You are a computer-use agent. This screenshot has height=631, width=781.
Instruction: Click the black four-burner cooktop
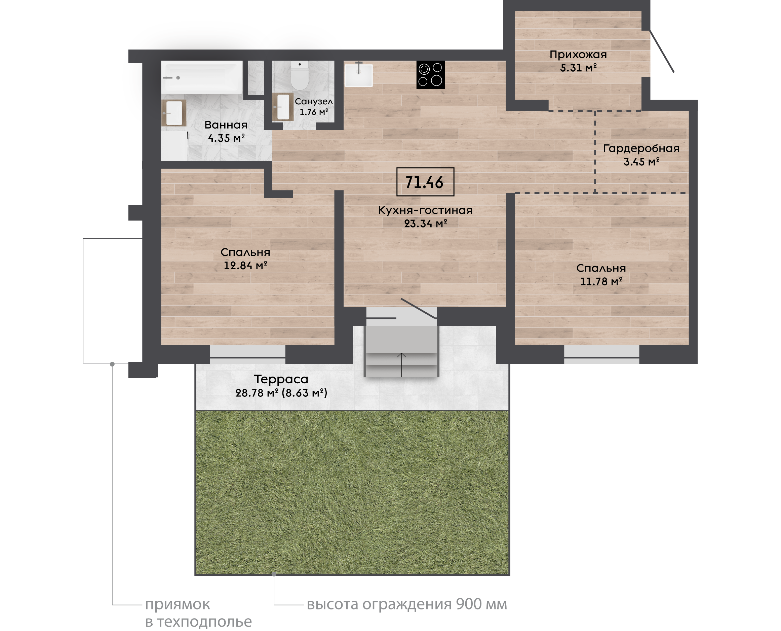(430, 75)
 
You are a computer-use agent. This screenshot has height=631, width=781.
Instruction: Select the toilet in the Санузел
(300, 76)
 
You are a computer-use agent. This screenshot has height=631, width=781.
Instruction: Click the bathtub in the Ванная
(202, 77)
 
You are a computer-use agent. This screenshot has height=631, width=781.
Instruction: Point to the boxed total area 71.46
(425, 182)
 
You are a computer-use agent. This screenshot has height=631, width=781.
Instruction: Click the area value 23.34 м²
(426, 223)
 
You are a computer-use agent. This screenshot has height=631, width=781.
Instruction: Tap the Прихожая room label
(578, 55)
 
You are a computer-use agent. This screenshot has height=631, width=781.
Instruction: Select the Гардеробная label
(641, 148)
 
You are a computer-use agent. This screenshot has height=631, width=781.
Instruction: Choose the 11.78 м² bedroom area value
(601, 281)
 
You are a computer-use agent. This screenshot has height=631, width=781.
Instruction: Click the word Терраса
(281, 379)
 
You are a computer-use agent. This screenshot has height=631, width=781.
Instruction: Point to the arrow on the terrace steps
(401, 365)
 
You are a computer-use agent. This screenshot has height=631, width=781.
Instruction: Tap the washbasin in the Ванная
(173, 113)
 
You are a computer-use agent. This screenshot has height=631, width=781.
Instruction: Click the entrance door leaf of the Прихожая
(662, 51)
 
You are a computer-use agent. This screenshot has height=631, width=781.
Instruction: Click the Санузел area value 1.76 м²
(314, 112)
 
